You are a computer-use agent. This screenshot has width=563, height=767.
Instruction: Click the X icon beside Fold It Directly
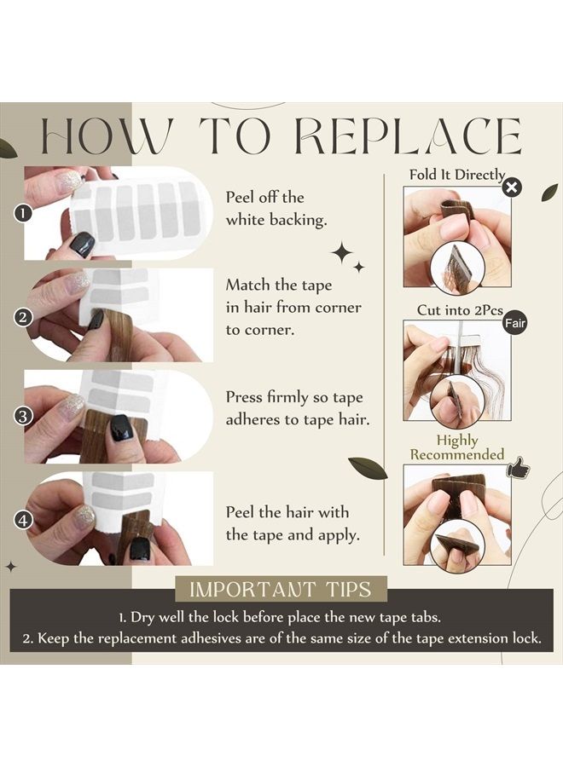click(512, 187)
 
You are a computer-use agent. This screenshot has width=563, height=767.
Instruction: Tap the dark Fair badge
click(514, 323)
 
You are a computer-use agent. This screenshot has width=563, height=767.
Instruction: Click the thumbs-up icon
click(518, 468)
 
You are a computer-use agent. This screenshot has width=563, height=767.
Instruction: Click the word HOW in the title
click(107, 136)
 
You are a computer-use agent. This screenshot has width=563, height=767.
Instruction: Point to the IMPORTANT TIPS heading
click(281, 589)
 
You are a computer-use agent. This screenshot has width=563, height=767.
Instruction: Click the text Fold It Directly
click(456, 175)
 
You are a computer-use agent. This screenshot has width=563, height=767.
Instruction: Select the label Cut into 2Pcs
click(460, 310)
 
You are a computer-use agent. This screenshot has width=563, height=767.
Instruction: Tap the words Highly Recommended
click(456, 447)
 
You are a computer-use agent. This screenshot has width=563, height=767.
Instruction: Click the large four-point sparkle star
click(342, 252)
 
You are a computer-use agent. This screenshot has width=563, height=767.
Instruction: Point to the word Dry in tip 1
click(143, 617)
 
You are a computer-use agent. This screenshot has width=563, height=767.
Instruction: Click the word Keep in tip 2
click(51, 639)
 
